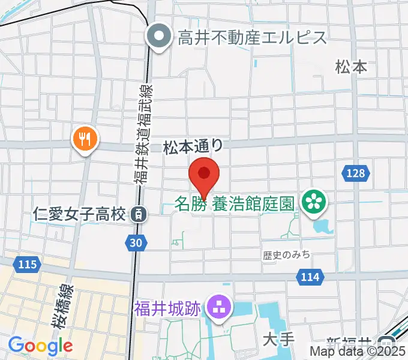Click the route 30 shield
point(136,242)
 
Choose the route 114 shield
point(310,276)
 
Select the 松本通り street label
point(193,146)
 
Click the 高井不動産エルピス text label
point(252,38)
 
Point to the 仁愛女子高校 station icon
point(139,213)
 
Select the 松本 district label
point(352,67)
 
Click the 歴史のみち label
point(286,255)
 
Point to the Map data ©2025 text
point(358,352)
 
